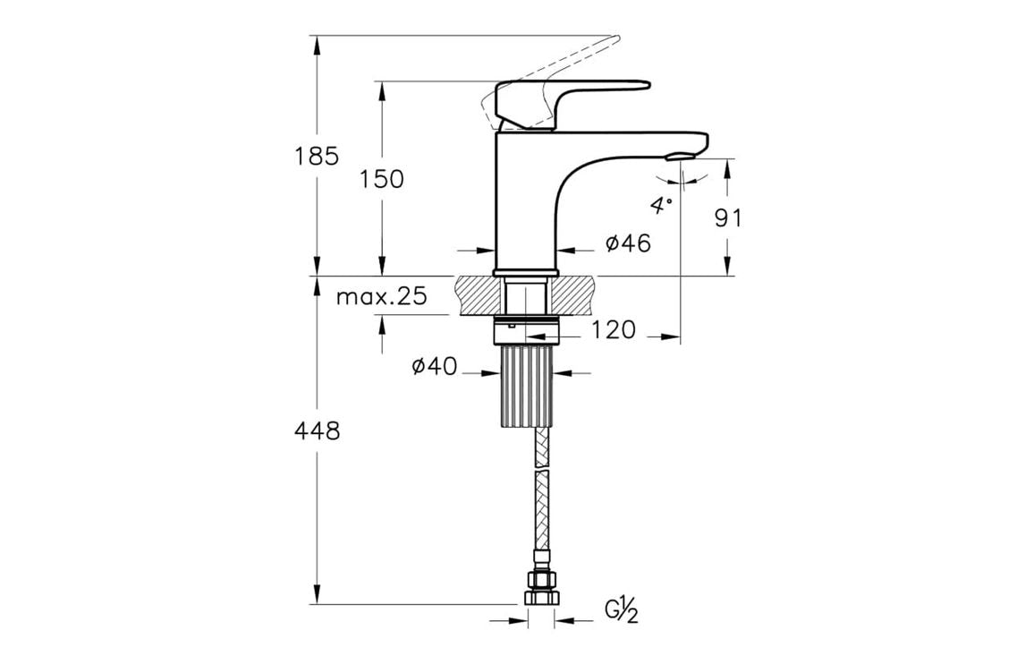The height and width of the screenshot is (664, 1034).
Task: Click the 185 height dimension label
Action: click(x=318, y=156)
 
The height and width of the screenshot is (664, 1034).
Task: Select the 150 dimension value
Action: click(x=382, y=179)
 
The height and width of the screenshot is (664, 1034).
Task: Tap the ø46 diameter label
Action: click(x=627, y=243)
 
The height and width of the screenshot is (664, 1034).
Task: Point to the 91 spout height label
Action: click(x=728, y=217)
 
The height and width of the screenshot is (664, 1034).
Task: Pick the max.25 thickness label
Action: click(x=382, y=297)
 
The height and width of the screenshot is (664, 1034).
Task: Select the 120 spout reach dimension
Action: click(x=614, y=330)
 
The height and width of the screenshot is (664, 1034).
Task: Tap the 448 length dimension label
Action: click(x=318, y=431)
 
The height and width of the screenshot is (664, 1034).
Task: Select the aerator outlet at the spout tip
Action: click(x=679, y=157)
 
